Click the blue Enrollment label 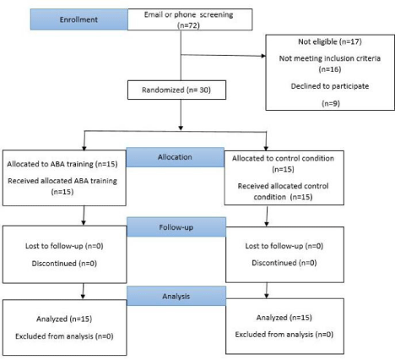(79, 19)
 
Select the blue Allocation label (175, 157)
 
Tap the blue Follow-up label (176, 227)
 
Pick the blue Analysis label (176, 296)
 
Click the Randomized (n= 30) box (176, 90)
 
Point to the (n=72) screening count (188, 25)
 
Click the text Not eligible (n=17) (330, 41)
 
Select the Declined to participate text (330, 86)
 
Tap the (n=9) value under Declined (331, 103)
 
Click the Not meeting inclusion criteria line (330, 58)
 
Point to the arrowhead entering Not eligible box (263, 56)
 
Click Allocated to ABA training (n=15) (62, 164)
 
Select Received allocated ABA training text (62, 181)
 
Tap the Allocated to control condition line (283, 158)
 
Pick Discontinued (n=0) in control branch (284, 263)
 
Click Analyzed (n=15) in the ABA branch (64, 319)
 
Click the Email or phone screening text (188, 14)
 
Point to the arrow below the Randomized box (181, 115)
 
